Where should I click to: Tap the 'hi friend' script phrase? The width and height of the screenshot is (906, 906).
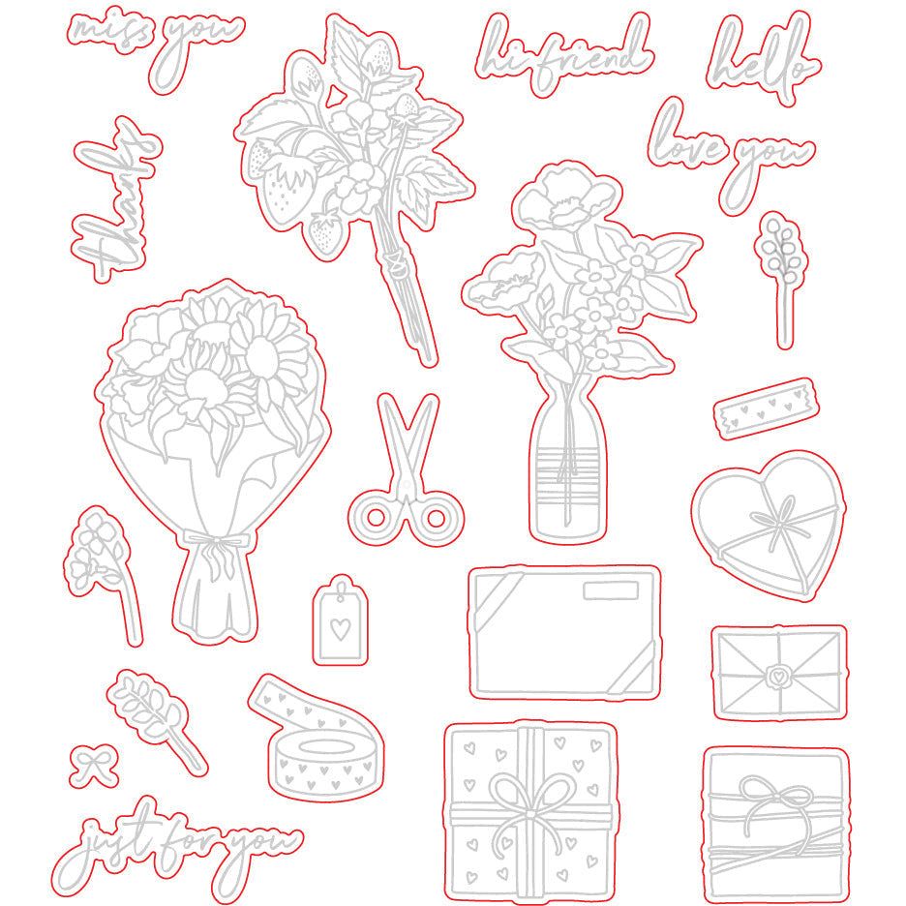pos(562,53)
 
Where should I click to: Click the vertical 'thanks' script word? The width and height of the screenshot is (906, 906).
pos(114,199)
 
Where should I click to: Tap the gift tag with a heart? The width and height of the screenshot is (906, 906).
pos(341,620)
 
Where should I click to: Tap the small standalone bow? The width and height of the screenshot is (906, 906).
pos(94,767)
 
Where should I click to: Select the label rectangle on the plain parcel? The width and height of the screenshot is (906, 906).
pos(610,590)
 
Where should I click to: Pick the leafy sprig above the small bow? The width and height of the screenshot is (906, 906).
pos(156,720)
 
